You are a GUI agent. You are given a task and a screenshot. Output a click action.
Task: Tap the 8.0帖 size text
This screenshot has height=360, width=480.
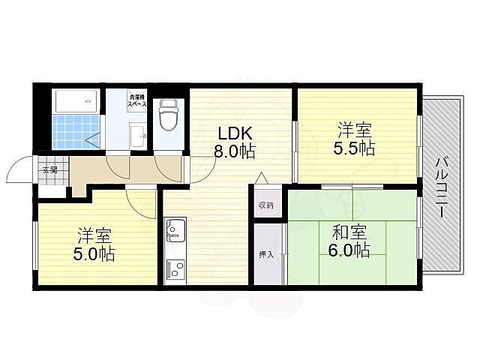coord(234,151)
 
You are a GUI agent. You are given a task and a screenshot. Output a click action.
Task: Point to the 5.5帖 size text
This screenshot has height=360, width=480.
coord(354,148)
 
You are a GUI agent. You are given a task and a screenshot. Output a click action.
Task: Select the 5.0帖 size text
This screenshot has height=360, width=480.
coord(94,254)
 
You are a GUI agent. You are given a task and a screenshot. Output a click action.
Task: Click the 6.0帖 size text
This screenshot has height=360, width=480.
coord(349,250)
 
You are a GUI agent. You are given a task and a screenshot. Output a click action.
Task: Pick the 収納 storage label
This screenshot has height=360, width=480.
coord(265,205)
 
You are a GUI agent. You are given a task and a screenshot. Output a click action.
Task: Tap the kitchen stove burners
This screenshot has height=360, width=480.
coord(175,268)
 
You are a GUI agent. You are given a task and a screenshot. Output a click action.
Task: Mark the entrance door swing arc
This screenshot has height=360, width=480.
coord(16,171)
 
